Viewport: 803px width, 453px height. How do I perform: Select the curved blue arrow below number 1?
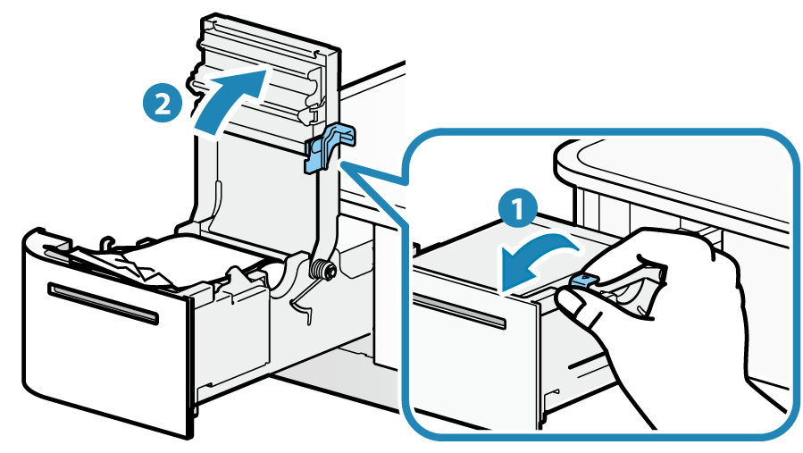[x=531, y=258]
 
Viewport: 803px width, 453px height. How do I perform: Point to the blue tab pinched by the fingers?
[x=581, y=282]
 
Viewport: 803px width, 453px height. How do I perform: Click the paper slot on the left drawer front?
[x=104, y=303]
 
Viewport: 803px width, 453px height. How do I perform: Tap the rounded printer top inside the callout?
[x=679, y=170]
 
